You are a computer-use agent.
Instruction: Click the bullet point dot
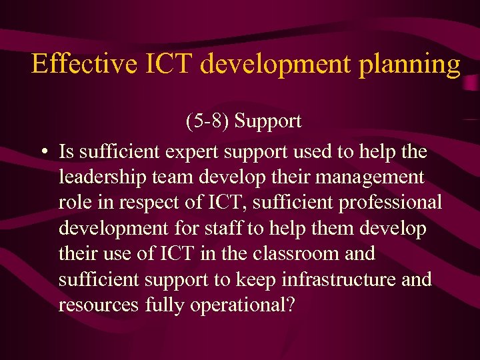(43, 152)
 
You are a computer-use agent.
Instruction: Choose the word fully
(165, 305)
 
